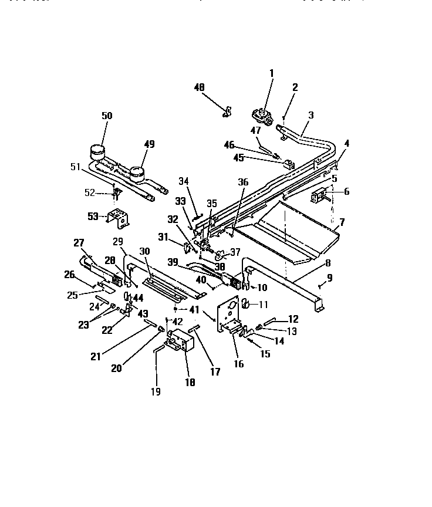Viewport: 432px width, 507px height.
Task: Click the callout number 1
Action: point(271,73)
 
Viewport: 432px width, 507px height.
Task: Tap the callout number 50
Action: point(107,116)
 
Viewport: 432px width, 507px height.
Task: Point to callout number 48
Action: point(200,87)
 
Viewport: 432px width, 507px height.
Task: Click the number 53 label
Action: point(93,217)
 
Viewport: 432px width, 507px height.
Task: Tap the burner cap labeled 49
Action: point(137,173)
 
